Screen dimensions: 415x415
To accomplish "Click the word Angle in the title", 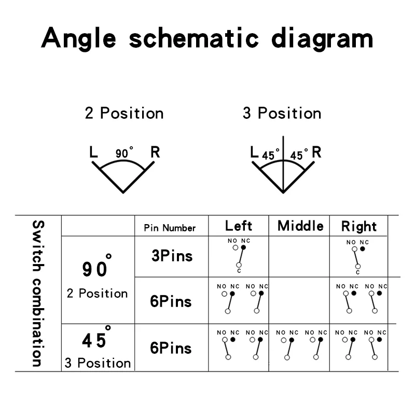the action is click(79, 38).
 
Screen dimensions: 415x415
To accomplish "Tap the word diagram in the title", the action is click(322, 38).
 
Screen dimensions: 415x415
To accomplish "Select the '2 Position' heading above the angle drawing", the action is click(124, 113).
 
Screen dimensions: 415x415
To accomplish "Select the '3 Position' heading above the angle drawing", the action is click(282, 113).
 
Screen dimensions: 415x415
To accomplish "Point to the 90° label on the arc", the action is click(124, 153).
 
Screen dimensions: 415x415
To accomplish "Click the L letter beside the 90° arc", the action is click(93, 152).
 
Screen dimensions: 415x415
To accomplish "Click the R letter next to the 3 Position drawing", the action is click(316, 152).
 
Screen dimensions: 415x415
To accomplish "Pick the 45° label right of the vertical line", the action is click(299, 155).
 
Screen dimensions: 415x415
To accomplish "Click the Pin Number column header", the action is click(170, 228).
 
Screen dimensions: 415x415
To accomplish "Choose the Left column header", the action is click(239, 226).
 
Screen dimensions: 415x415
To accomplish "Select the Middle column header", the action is click(300, 226).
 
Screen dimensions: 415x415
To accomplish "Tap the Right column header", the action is click(359, 227).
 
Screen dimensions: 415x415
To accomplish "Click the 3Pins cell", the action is click(172, 256).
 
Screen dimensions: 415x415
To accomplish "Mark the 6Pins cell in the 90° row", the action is click(171, 301).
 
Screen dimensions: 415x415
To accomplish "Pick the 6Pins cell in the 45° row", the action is click(171, 348).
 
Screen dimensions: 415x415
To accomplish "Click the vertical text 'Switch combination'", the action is click(38, 293).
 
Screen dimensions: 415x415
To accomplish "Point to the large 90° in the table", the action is click(96, 266).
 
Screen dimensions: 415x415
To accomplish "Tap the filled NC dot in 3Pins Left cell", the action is click(243, 247).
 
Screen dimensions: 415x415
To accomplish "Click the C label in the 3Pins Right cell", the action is click(358, 272).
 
